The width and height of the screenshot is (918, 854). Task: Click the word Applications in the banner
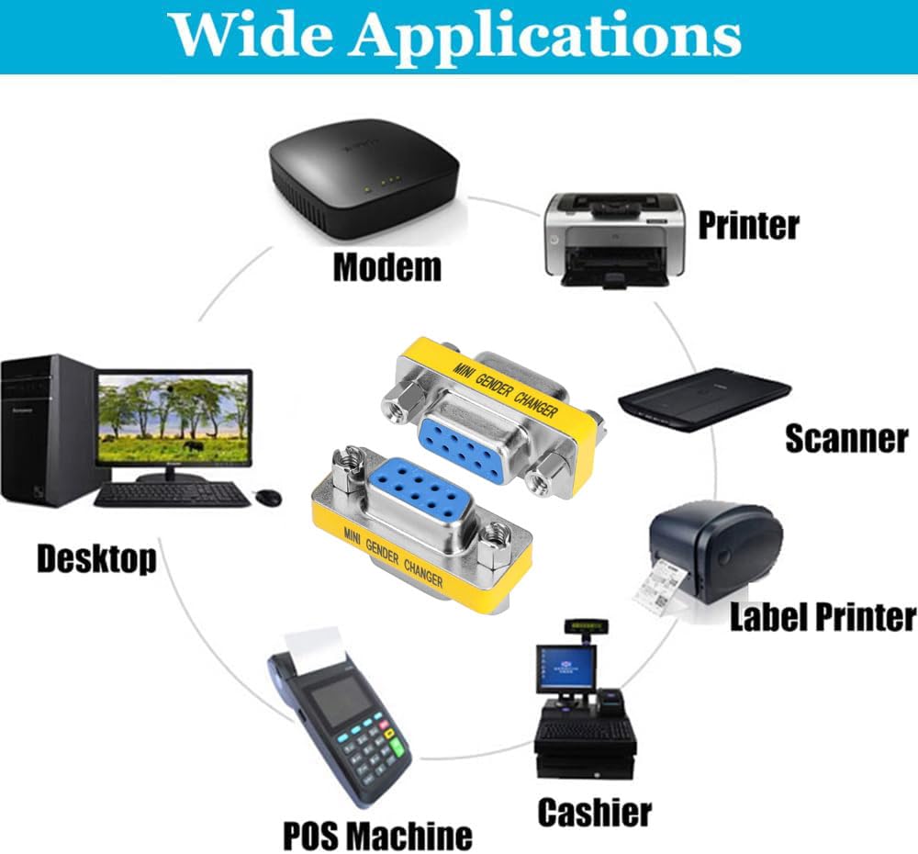pyautogui.click(x=545, y=37)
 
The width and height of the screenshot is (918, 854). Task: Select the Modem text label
pyautogui.click(x=387, y=267)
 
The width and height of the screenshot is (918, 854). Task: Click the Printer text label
pyautogui.click(x=749, y=225)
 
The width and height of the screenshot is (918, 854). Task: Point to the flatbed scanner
pyautogui.click(x=705, y=399)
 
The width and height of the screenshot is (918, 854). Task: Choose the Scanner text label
pyautogui.click(x=846, y=439)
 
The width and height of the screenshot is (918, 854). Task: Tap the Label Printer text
pyautogui.click(x=823, y=617)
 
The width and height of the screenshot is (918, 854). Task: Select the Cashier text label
pyautogui.click(x=594, y=813)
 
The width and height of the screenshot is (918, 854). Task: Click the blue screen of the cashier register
pyautogui.click(x=565, y=668)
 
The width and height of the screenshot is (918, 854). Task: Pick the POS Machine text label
pyautogui.click(x=377, y=836)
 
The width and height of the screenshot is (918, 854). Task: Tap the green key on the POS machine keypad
pyautogui.click(x=397, y=747)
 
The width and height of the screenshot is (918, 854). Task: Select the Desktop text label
pyautogui.click(x=96, y=558)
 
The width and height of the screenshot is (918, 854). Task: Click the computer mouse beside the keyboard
pyautogui.click(x=269, y=498)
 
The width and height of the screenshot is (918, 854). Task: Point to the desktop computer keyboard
pyautogui.click(x=173, y=495)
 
